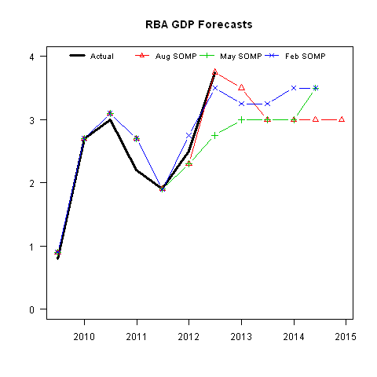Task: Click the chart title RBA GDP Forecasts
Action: [199, 24]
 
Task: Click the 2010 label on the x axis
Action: [85, 337]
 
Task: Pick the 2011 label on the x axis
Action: [137, 337]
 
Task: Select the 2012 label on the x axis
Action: [189, 337]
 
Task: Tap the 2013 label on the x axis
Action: [241, 337]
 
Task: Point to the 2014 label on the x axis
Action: [294, 337]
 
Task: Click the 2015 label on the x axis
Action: [346, 337]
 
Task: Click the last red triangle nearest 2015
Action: [342, 119]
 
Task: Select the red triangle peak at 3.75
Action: [215, 72]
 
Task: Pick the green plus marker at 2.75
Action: [215, 135]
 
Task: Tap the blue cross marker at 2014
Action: [294, 88]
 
